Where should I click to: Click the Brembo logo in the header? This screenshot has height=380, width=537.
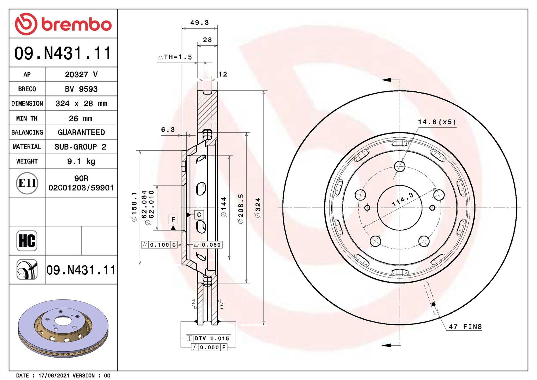point(63,24)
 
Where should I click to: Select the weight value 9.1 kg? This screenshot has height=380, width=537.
point(81,161)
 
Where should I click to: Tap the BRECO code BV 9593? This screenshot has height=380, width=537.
point(81,89)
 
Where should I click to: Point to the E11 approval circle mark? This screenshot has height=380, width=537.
point(27,183)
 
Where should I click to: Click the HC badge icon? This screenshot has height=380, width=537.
point(27,241)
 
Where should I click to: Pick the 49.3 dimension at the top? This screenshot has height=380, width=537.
point(199,23)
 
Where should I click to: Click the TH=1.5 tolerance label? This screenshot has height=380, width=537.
point(175,57)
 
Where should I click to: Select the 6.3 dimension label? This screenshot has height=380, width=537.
point(168,130)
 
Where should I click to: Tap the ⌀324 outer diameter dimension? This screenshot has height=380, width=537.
point(258,208)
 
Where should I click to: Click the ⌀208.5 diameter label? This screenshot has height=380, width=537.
point(241,209)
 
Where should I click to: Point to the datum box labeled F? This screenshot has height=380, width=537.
point(173,219)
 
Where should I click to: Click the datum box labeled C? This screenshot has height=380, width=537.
point(199,215)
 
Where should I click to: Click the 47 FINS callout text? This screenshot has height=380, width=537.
point(465,327)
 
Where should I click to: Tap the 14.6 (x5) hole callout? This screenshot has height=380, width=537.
point(437,122)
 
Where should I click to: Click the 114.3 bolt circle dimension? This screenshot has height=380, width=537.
point(403,199)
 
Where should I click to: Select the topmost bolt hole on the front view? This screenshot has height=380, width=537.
point(400,167)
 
